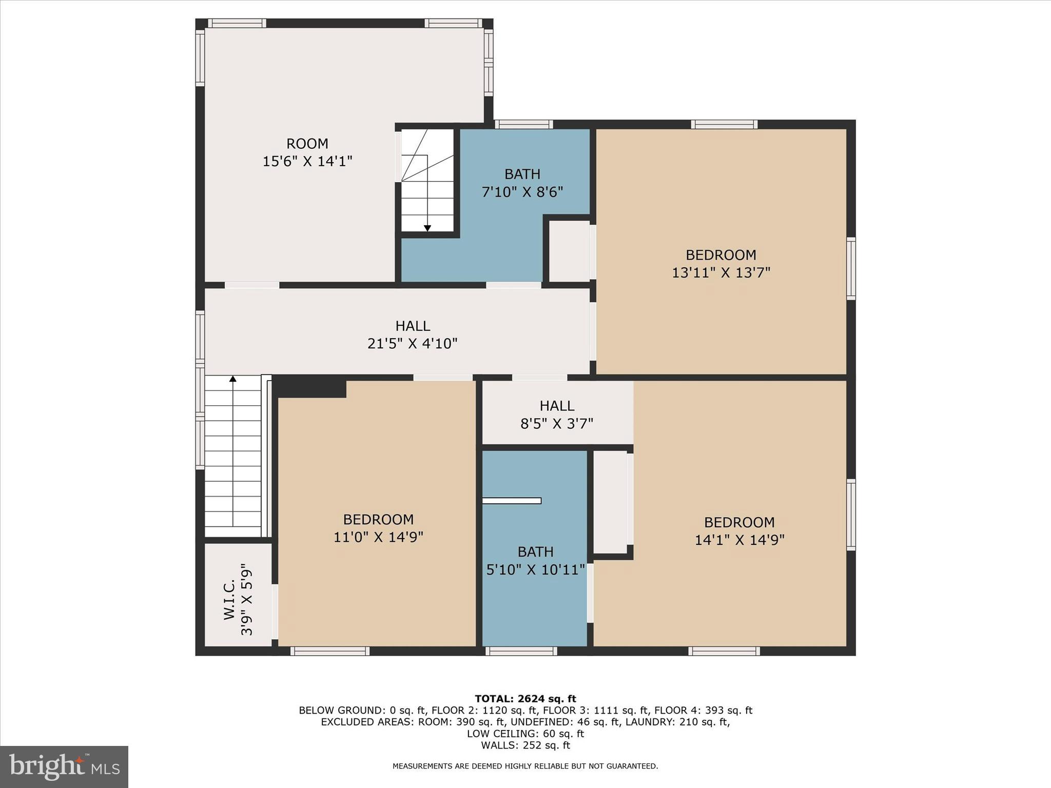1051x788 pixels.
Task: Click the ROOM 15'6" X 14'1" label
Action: point(307,152)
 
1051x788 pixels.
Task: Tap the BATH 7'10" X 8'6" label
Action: point(522,183)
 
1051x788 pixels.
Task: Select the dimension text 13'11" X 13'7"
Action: point(721,272)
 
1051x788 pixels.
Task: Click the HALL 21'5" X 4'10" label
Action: point(413,334)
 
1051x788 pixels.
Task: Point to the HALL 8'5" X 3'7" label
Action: point(557,415)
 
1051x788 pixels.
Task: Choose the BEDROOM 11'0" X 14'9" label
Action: point(378,528)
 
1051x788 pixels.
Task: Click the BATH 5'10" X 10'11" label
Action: point(535,561)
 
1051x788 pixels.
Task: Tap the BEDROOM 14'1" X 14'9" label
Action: point(739,531)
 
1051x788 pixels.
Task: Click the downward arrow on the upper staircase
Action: point(427,228)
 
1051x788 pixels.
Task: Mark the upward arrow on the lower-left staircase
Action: point(233,379)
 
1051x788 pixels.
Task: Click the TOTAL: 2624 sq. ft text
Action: point(525,698)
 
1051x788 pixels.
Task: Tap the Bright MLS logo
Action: point(64,767)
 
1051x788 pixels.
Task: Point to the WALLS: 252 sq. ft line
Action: point(525,745)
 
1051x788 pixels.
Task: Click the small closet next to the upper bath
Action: point(569,251)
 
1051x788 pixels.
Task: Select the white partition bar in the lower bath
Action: point(512,501)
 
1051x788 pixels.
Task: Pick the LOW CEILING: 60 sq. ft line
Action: point(525,734)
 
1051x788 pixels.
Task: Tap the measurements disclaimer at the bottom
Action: point(525,766)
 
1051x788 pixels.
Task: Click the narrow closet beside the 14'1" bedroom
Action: point(610,502)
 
